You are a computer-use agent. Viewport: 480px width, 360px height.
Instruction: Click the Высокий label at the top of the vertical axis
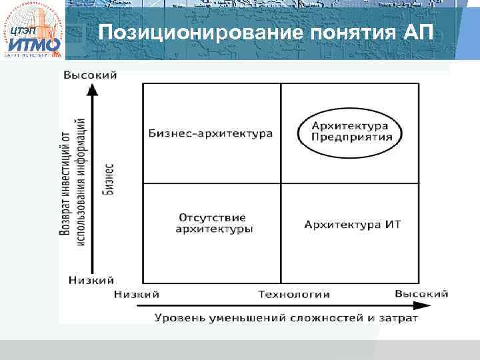[x=90, y=75]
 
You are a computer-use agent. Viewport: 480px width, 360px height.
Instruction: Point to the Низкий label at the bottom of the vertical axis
[x=91, y=280]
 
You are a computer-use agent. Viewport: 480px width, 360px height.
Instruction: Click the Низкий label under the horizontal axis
[x=137, y=294]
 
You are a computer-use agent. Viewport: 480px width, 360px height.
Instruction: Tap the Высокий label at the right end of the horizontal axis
[x=421, y=293]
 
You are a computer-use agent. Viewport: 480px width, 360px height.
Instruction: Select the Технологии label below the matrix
[x=294, y=294]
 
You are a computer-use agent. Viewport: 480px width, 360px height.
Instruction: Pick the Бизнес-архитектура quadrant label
[x=211, y=133]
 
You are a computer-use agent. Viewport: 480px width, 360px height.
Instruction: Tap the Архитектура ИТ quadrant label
[x=352, y=224]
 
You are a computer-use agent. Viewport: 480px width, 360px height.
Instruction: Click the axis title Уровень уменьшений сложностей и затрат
[x=287, y=317]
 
